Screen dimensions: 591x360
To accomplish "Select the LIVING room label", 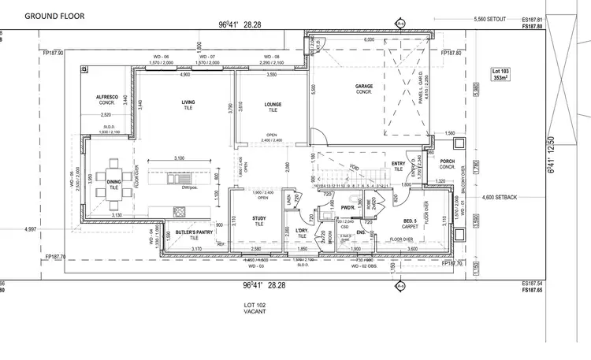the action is point(188,102).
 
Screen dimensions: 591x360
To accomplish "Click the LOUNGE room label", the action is point(273,104).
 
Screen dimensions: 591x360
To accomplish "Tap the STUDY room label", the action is point(259,221).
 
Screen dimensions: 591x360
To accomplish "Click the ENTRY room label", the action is point(398,164).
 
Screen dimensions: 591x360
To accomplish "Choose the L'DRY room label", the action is point(301,230).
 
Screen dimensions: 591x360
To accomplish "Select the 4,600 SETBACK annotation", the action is point(499,197).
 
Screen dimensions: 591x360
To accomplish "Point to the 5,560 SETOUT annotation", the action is point(490,19).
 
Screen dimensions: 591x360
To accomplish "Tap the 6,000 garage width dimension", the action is point(369,40).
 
